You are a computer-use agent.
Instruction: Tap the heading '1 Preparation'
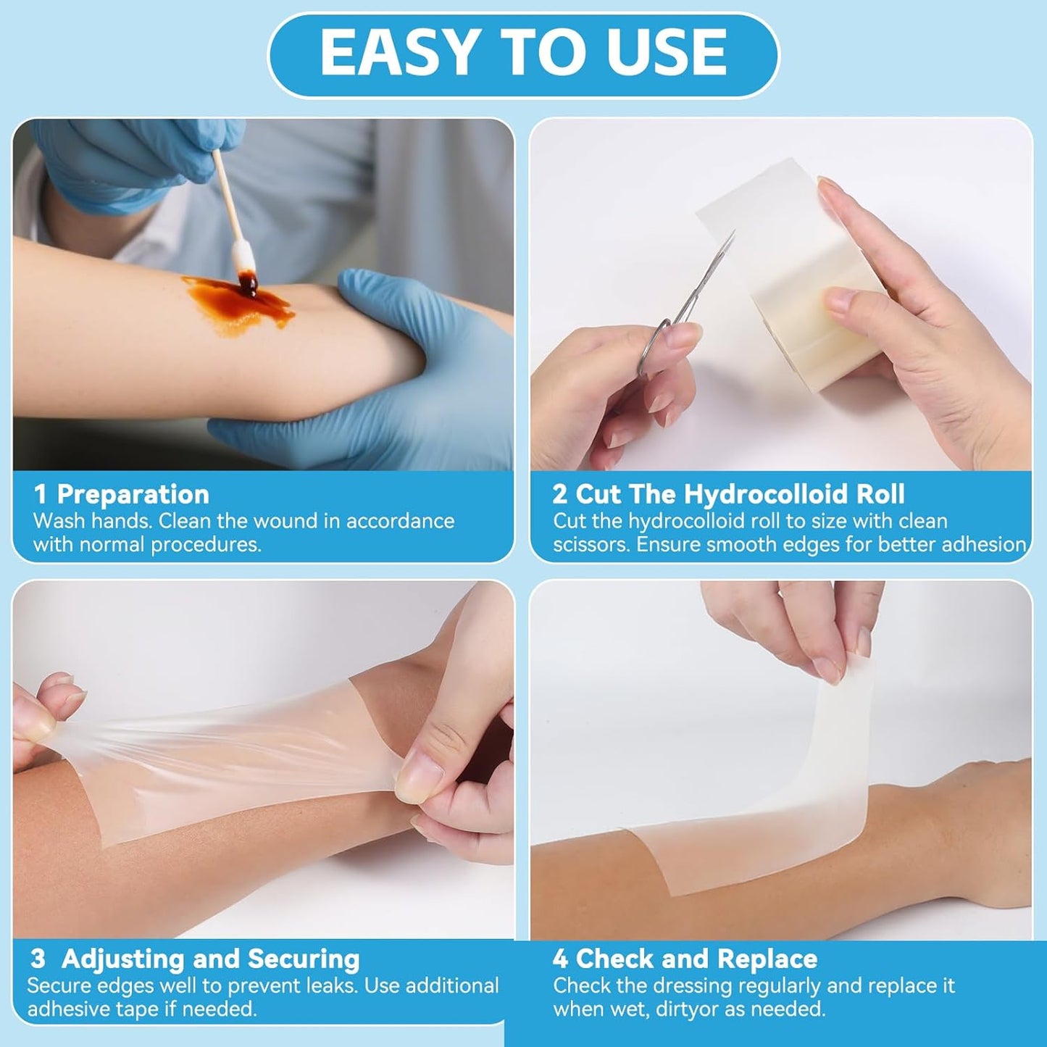[122, 494]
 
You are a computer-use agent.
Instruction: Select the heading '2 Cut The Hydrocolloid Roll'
[728, 494]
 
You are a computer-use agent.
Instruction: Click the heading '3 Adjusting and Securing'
[196, 959]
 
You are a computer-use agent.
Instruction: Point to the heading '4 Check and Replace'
[685, 959]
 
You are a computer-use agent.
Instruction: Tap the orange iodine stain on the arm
[239, 304]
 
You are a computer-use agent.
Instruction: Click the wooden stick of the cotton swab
[225, 196]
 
